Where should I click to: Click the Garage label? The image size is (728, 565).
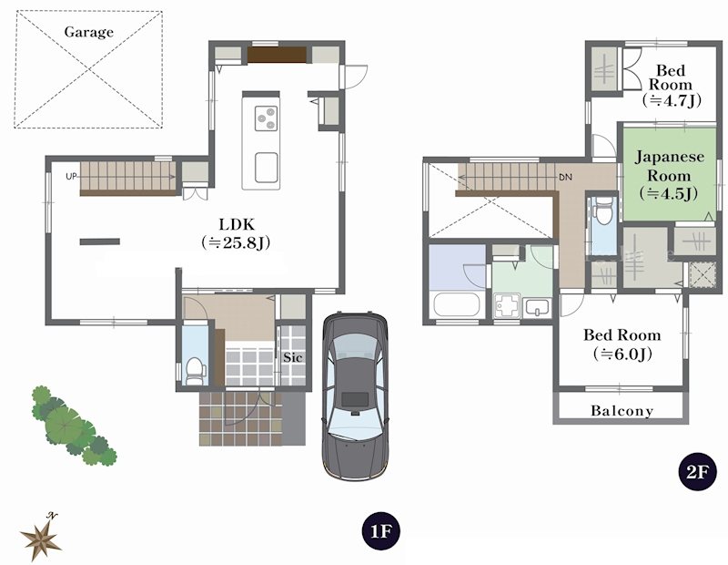(88, 32)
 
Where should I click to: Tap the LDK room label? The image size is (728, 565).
(237, 224)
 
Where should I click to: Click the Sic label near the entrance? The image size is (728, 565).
(293, 357)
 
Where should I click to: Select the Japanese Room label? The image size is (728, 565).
(669, 167)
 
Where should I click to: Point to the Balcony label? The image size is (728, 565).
(622, 411)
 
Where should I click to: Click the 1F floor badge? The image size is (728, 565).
(380, 531)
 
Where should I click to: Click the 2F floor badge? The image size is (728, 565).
(698, 472)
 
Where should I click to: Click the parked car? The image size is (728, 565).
(355, 396)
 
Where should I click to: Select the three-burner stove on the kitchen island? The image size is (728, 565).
(266, 118)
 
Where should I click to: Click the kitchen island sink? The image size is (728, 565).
(267, 168)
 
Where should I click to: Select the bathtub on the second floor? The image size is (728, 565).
(457, 304)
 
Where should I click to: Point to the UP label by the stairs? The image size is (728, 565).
(71, 177)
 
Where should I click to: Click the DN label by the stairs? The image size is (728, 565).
(565, 177)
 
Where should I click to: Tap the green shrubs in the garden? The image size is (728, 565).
(73, 425)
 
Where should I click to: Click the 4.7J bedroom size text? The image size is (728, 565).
(671, 100)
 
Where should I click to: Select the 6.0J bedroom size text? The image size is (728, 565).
(622, 354)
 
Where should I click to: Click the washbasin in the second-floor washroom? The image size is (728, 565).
(538, 307)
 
